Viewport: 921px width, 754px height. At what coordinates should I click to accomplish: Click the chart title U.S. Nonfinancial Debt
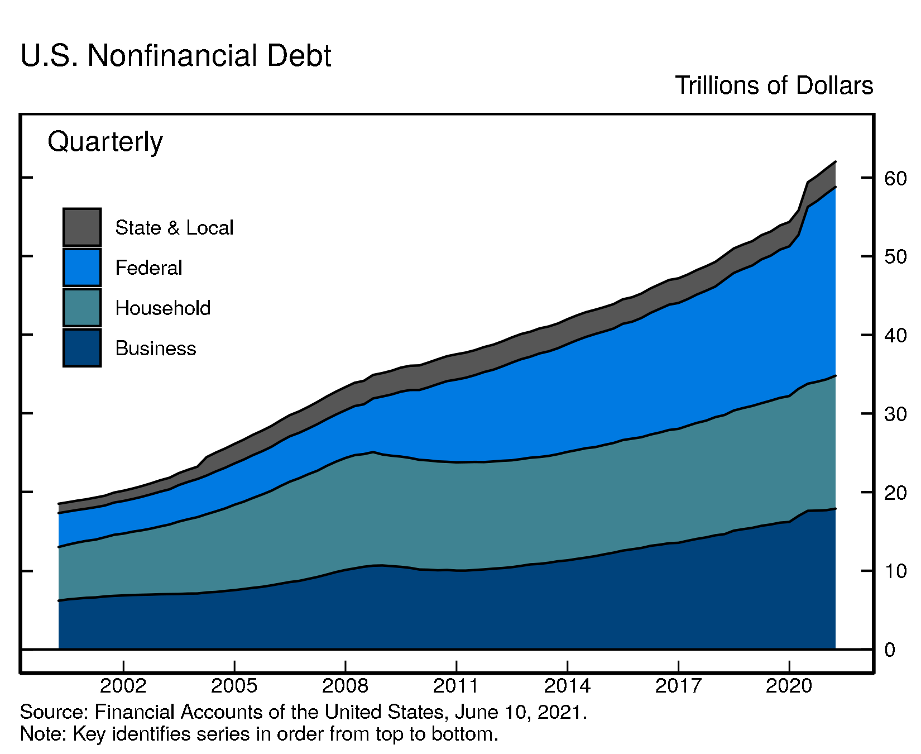pos(176,56)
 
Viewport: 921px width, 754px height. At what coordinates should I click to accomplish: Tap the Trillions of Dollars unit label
pos(774,85)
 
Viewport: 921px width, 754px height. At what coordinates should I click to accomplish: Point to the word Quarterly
pos(105,142)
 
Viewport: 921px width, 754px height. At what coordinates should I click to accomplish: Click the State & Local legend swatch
pos(82,227)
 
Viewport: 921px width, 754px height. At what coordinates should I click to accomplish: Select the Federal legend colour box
pos(82,268)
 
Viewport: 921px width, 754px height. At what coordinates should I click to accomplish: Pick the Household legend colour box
pos(82,308)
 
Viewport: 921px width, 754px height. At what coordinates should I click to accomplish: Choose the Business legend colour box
pos(82,348)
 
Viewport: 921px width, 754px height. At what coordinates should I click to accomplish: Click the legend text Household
pos(163,308)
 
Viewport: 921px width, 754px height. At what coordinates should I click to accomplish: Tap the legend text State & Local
pos(174,227)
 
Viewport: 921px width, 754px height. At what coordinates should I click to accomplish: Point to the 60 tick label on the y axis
pos(895,178)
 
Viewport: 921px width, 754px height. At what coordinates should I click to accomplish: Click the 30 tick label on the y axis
pos(895,414)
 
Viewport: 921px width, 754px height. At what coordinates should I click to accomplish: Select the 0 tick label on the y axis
pos(890,650)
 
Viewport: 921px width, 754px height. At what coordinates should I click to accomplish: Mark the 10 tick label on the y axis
pos(895,571)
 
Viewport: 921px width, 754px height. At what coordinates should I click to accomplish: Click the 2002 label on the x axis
pos(123,685)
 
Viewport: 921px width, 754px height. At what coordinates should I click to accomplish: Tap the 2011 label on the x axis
pos(456,685)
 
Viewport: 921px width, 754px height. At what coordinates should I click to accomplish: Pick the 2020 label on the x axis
pos(789,685)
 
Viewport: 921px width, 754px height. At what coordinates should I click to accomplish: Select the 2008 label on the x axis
pos(346,685)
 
